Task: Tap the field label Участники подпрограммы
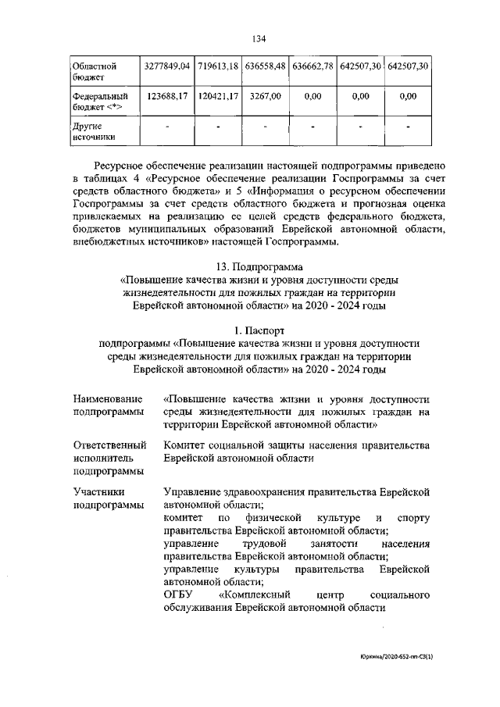[x=108, y=498]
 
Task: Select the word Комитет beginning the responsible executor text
[x=185, y=445]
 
